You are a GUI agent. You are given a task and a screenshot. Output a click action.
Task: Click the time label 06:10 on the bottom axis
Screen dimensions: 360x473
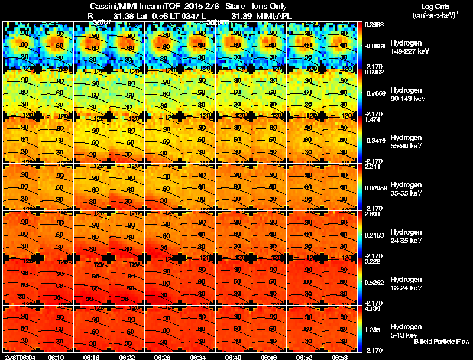pyautogui.click(x=57, y=357)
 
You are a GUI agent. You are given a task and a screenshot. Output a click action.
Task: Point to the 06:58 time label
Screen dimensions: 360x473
pyautogui.click(x=339, y=357)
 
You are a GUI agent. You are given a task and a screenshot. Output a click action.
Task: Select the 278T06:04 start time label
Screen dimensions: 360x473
pyautogui.click(x=20, y=357)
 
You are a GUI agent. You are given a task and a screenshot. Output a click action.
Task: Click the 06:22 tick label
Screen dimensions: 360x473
pyautogui.click(x=127, y=357)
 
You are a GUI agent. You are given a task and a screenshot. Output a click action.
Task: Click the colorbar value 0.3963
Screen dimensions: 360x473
pyautogui.click(x=374, y=25)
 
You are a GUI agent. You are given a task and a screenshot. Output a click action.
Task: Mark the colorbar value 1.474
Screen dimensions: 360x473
pyautogui.click(x=373, y=119)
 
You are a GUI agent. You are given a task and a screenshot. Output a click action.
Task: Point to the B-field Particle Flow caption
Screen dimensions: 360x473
pyautogui.click(x=441, y=342)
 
